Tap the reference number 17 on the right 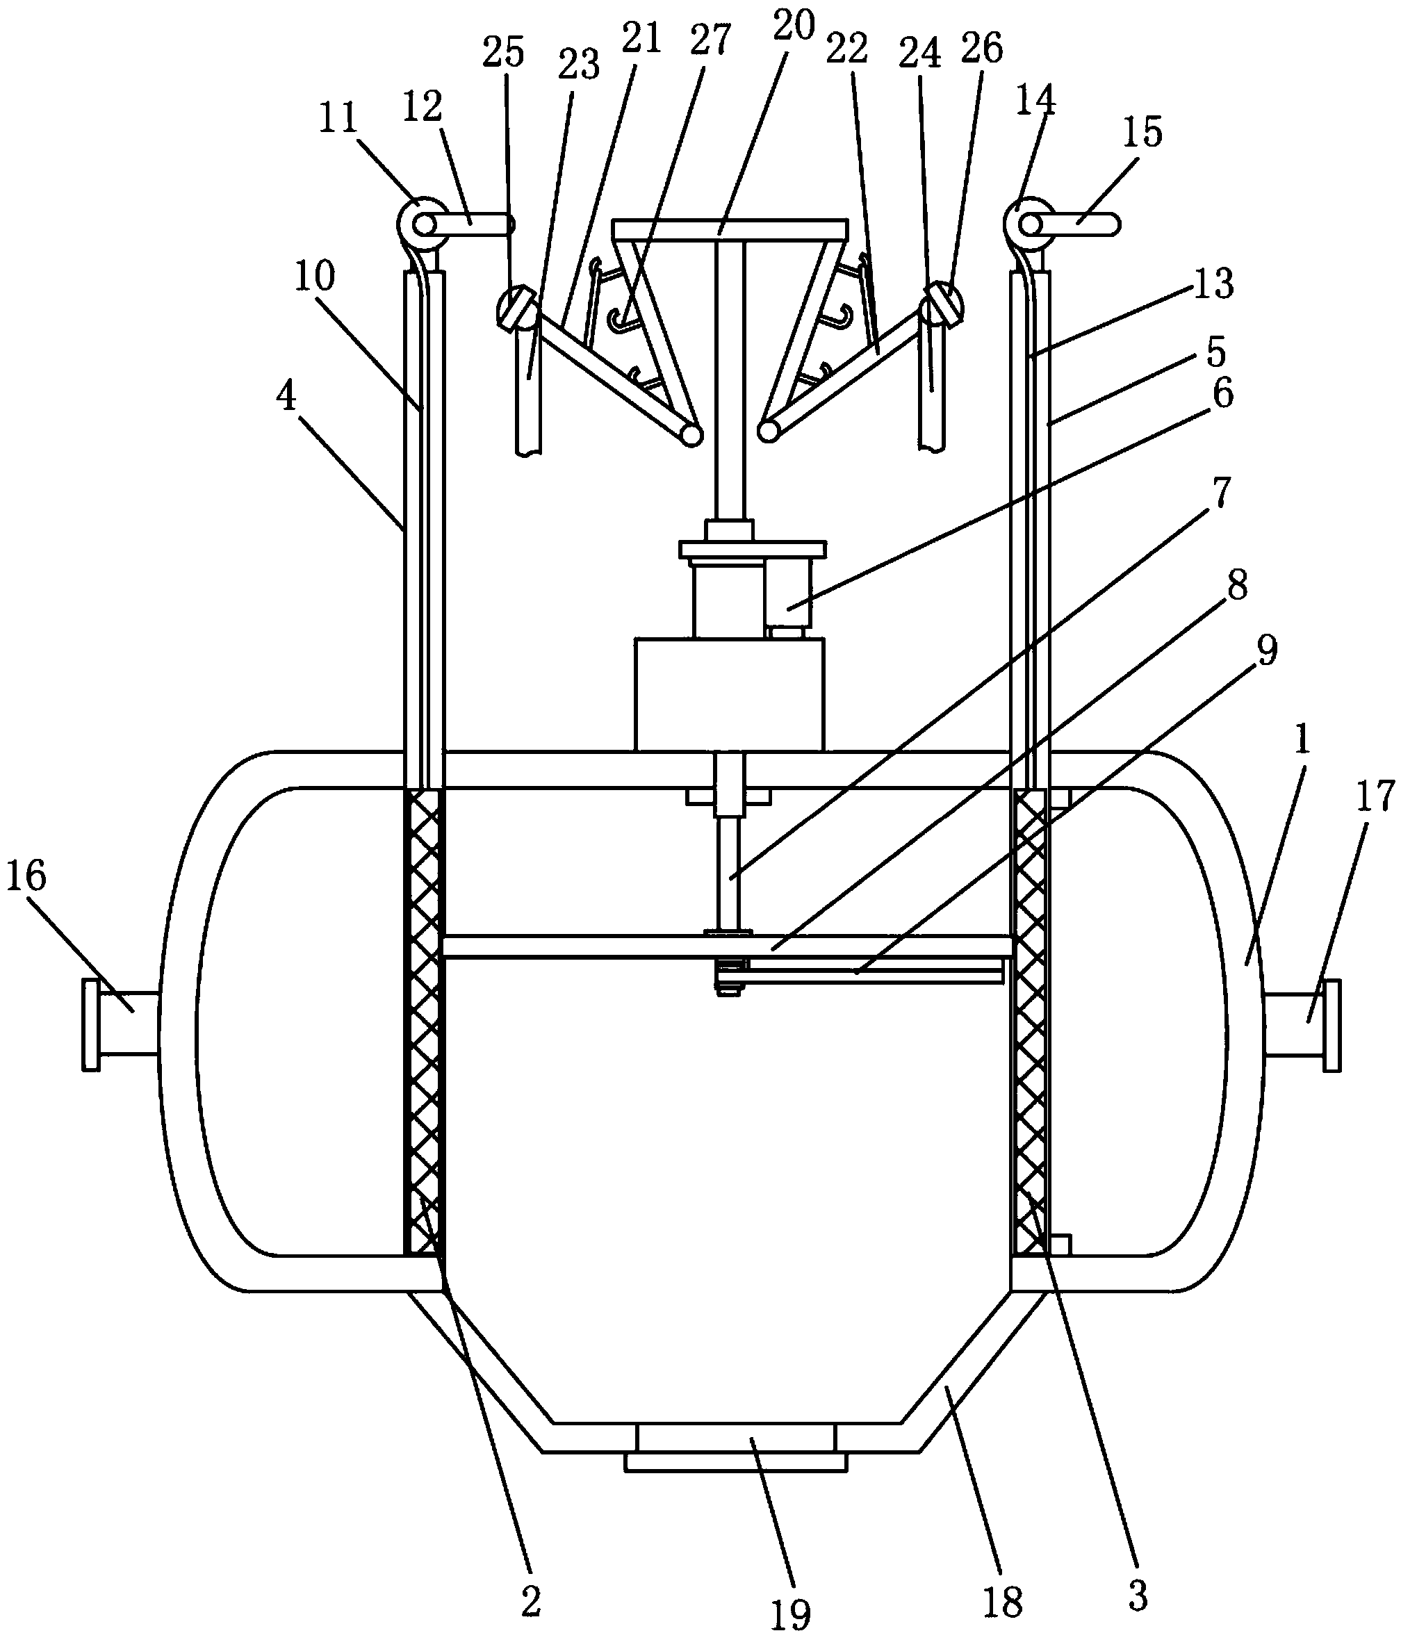click(1374, 796)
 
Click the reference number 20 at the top click(794, 26)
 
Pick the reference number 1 click(1303, 741)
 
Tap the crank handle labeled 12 click(475, 224)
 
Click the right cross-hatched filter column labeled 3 click(1031, 1021)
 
